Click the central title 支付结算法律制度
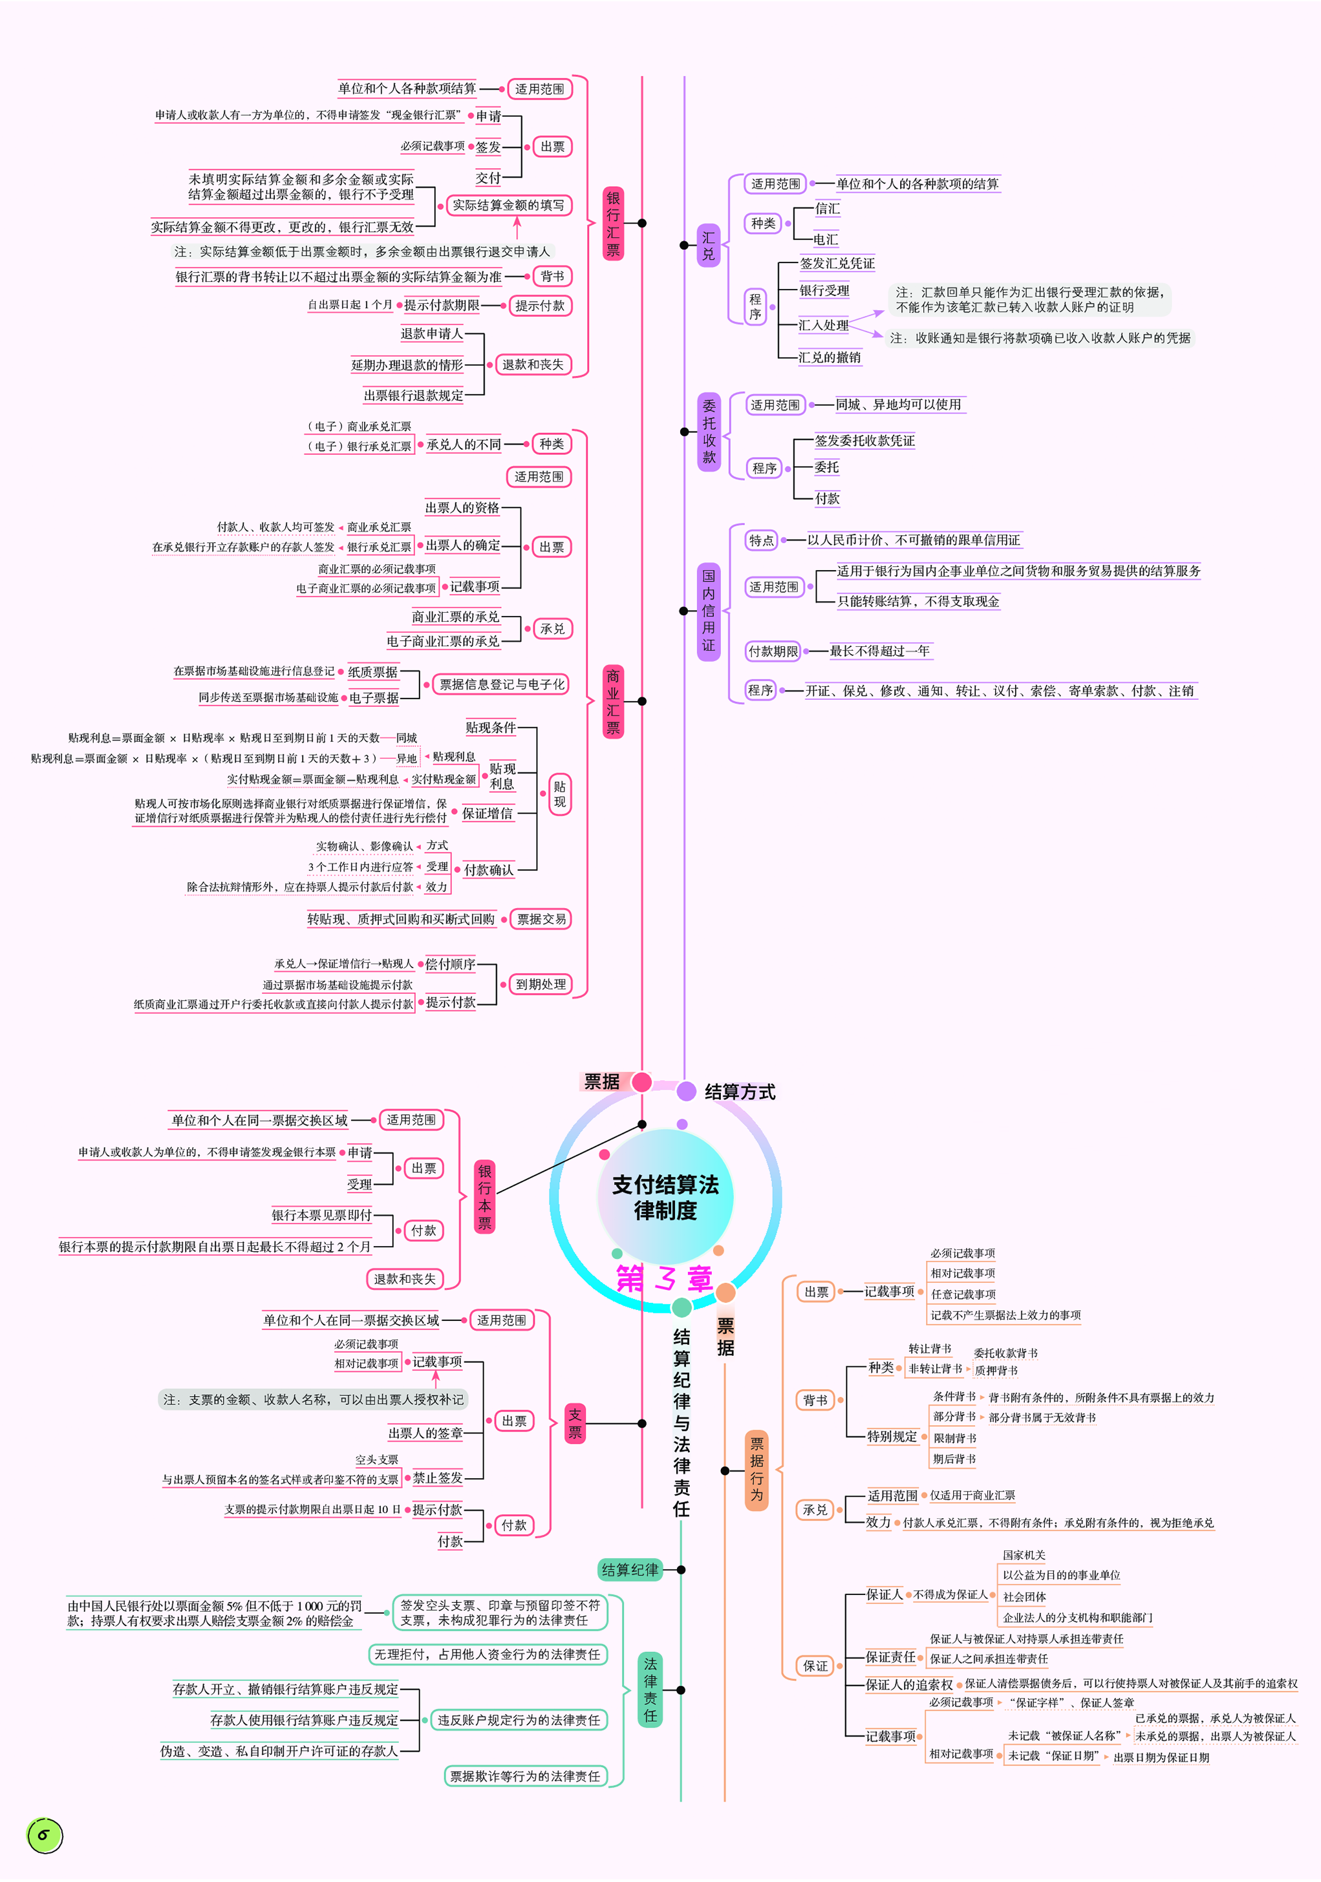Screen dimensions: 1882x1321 (x=665, y=1197)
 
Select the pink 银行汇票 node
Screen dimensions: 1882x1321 (x=612, y=224)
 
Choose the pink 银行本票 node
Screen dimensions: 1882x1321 (x=484, y=1198)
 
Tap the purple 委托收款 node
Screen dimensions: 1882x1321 (x=709, y=431)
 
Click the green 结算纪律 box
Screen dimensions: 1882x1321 (x=630, y=1570)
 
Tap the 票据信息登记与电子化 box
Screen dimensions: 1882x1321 (x=502, y=684)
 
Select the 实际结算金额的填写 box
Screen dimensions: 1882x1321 (x=508, y=205)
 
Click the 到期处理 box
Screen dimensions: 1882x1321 (x=541, y=984)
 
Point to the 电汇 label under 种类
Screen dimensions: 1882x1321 (x=826, y=239)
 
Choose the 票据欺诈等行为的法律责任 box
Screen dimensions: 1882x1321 (x=525, y=1775)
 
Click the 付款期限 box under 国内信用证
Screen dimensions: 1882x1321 (x=773, y=651)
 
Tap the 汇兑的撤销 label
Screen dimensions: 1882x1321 (x=830, y=357)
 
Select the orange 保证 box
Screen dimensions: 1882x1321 (x=815, y=1665)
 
